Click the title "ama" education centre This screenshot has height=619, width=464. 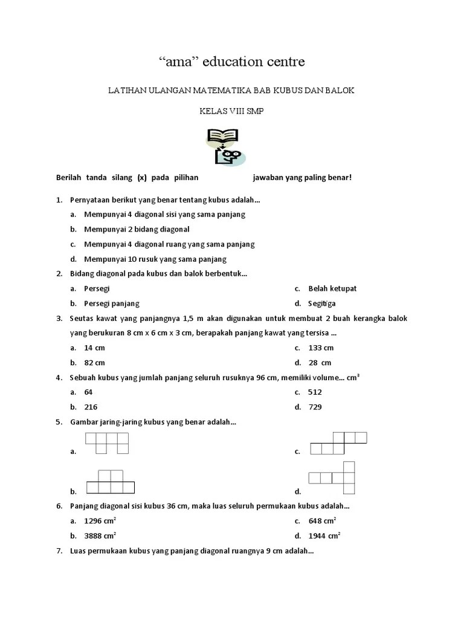coord(232,61)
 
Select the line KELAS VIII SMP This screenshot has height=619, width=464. coord(231,111)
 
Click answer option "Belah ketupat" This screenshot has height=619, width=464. coord(332,288)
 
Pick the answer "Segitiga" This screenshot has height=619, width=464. coord(322,303)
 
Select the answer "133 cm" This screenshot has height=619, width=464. coord(321,348)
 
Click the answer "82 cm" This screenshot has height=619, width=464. coord(95,363)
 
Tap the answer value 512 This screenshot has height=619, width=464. coord(315,392)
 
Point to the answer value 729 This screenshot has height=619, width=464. coord(315,407)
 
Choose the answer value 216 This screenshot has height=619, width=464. coord(91,407)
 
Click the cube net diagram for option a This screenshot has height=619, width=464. coord(107,443)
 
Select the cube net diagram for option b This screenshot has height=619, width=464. coord(110,482)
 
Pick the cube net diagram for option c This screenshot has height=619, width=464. coord(339,443)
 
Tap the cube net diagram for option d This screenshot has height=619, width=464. coord(332,476)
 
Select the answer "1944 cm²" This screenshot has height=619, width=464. coord(324,536)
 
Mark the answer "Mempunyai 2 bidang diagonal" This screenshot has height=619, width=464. coord(137,229)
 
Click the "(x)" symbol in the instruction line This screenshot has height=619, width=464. coord(142,178)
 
